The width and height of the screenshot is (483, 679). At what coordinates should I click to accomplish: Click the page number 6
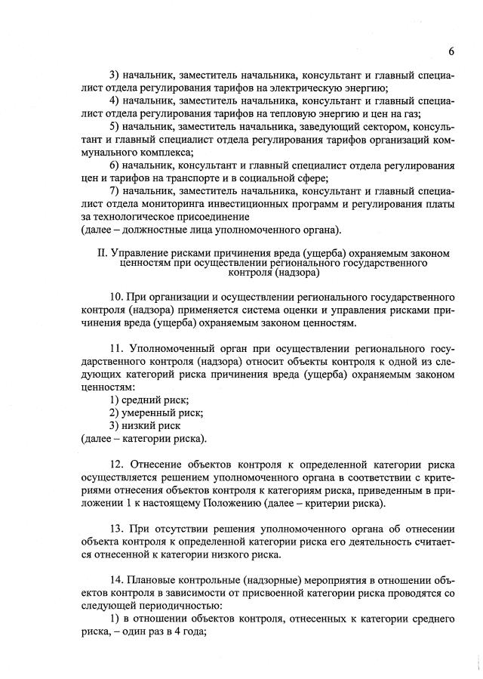pyautogui.click(x=451, y=51)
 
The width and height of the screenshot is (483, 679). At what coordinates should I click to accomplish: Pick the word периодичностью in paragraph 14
pyautogui.click(x=185, y=606)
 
